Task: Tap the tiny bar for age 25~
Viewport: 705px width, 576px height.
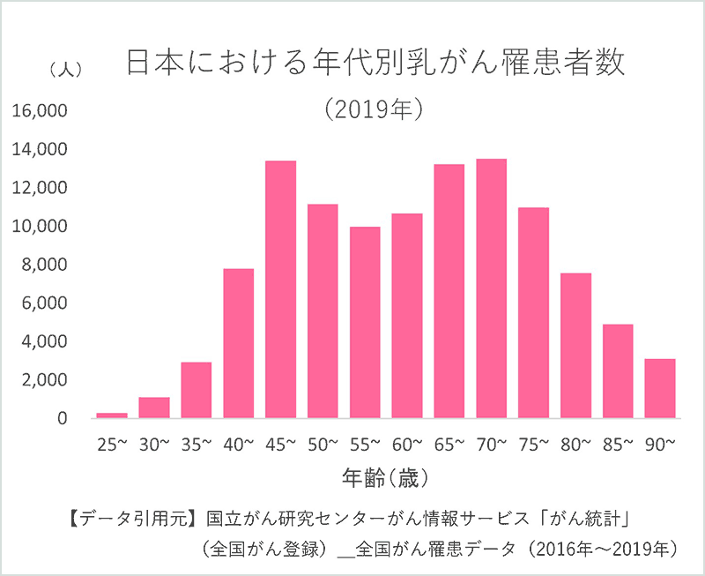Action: [112, 415]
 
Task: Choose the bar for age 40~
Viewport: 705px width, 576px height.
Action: [238, 343]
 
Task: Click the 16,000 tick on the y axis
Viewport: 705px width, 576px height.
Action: [39, 111]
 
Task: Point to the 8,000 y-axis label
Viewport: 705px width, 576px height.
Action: [43, 265]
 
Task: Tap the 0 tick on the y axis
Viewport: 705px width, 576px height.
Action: [63, 418]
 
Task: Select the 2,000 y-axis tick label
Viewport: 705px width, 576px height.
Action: [43, 380]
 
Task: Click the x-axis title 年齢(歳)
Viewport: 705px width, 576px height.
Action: [385, 479]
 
